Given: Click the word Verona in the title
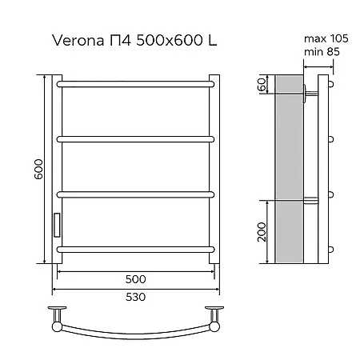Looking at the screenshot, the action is (x=78, y=41).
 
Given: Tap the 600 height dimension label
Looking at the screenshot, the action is (x=38, y=169).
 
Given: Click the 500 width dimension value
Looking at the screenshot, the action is (x=135, y=279).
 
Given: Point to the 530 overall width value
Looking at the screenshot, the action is (x=135, y=297).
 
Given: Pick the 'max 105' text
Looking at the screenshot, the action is (x=326, y=38).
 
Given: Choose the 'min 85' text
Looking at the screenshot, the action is (x=322, y=51).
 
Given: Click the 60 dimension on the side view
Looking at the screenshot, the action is (x=262, y=84).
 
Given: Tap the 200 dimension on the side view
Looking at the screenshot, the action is (x=262, y=232).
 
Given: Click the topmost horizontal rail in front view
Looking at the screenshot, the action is (x=135, y=84).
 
